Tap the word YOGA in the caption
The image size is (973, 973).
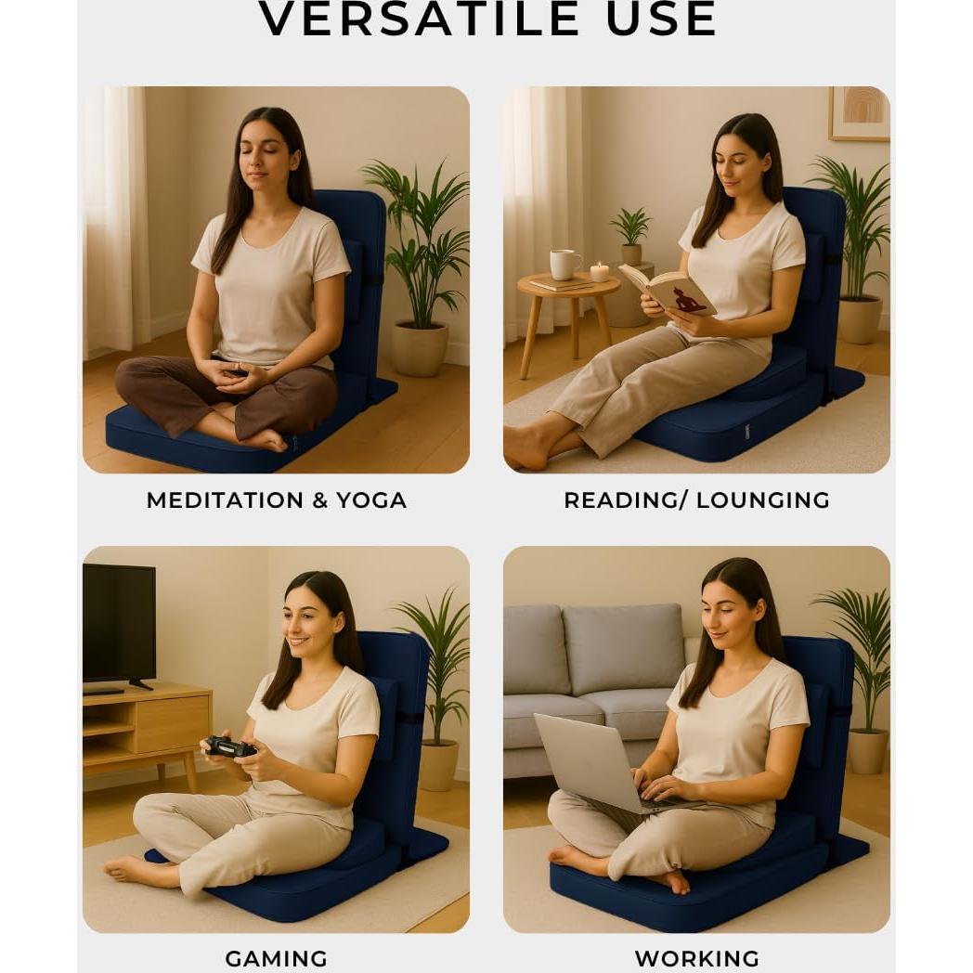click(371, 500)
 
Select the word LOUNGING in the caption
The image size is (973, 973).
click(763, 500)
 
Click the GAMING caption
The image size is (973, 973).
click(276, 958)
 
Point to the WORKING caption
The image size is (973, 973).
click(696, 958)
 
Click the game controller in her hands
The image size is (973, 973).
click(228, 746)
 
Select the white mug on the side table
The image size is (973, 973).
click(564, 265)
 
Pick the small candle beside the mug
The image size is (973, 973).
click(600, 271)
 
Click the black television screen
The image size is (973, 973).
click(119, 622)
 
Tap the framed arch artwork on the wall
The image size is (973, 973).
click(858, 112)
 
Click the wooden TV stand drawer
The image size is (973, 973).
click(173, 723)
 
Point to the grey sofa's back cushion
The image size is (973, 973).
click(623, 649)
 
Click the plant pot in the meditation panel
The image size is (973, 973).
click(419, 347)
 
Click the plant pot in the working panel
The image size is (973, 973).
click(868, 749)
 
